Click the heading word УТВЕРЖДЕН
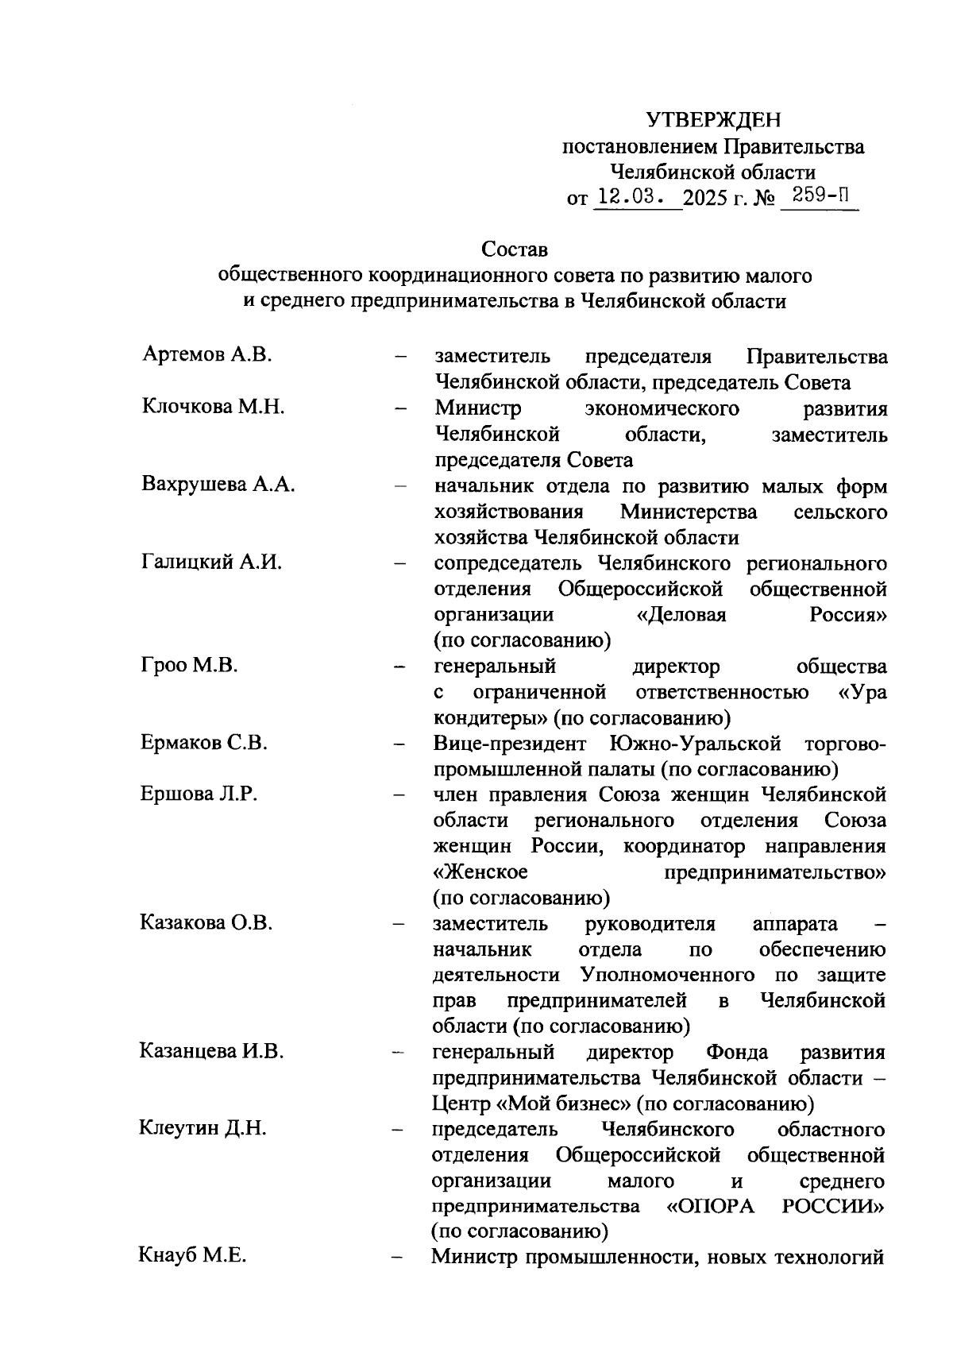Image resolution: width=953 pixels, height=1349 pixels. (712, 120)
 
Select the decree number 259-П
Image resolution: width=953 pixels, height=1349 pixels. (819, 195)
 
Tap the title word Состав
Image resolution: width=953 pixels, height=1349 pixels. (515, 249)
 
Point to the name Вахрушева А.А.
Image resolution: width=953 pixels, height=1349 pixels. (218, 485)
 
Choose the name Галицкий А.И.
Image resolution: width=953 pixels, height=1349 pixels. (212, 562)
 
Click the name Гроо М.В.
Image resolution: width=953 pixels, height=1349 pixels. (190, 665)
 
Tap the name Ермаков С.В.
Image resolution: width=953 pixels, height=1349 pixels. (204, 743)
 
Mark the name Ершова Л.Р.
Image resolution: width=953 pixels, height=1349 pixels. (199, 794)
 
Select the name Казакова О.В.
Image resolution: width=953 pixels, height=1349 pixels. (206, 922)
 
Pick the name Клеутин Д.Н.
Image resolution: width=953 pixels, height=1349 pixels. (203, 1128)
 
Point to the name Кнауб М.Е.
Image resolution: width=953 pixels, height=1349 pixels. (192, 1256)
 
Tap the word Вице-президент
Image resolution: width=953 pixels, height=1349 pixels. (510, 744)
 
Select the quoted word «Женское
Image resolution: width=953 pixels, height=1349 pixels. (480, 872)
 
